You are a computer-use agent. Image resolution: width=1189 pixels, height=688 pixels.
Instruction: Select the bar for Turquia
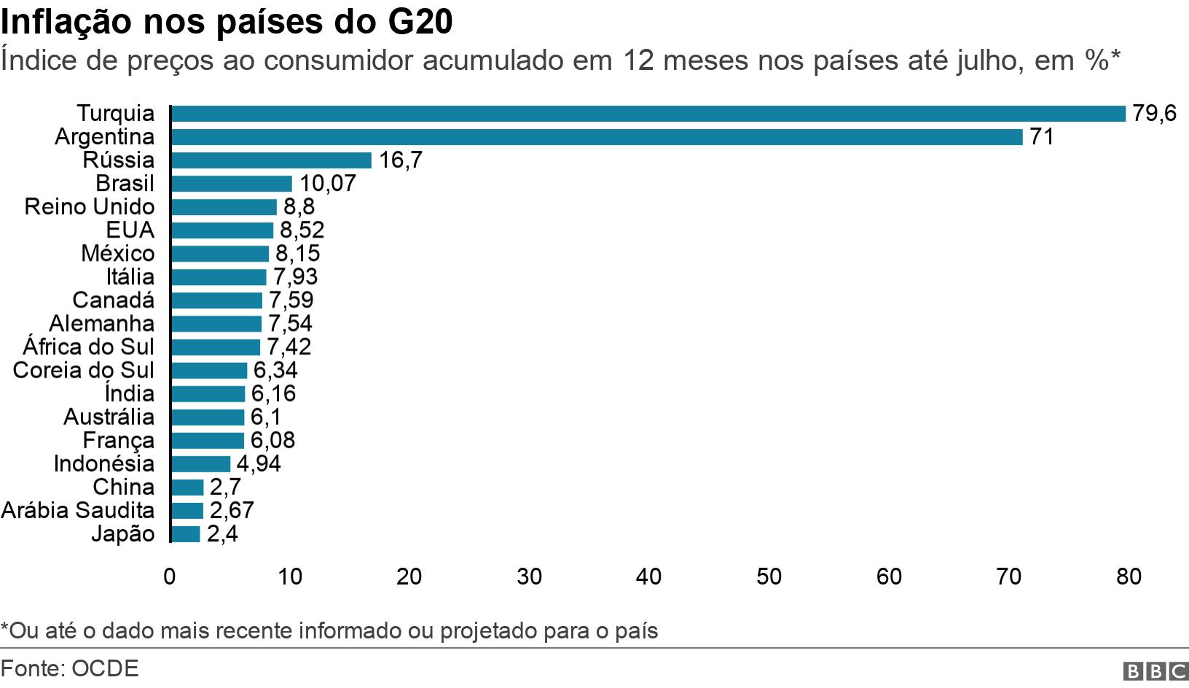pyautogui.click(x=648, y=114)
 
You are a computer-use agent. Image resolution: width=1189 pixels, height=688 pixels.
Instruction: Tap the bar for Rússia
pyautogui.click(x=270, y=160)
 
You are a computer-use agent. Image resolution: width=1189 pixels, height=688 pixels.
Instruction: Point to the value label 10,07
pyautogui.click(x=327, y=184)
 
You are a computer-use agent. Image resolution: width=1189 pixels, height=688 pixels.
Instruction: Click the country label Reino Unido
pyautogui.click(x=89, y=207)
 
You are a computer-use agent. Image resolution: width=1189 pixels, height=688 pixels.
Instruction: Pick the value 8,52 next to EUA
pyautogui.click(x=302, y=230)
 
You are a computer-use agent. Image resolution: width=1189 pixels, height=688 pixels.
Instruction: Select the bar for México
pyautogui.click(x=219, y=254)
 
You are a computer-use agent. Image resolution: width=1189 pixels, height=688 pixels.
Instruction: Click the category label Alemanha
pyautogui.click(x=101, y=324)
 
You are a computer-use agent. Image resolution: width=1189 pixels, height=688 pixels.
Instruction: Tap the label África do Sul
pyautogui.click(x=88, y=347)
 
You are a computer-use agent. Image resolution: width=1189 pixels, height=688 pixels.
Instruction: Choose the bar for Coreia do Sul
pyautogui.click(x=208, y=370)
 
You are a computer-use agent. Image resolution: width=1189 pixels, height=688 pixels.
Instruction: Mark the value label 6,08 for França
pyautogui.click(x=272, y=440)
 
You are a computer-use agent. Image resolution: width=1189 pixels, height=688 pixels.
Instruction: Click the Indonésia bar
pyautogui.click(x=200, y=464)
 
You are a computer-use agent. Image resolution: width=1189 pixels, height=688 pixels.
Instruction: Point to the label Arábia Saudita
pyautogui.click(x=78, y=510)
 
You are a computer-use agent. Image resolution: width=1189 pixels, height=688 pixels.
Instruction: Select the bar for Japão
pyautogui.click(x=184, y=533)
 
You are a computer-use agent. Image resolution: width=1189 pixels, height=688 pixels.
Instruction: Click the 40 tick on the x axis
pyautogui.click(x=648, y=576)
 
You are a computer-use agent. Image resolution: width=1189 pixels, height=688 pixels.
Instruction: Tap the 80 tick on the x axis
pyautogui.click(x=1128, y=576)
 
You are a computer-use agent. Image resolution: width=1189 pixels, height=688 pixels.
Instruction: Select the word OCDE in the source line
pyautogui.click(x=104, y=668)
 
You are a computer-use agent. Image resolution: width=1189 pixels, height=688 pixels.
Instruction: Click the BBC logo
pyautogui.click(x=1155, y=671)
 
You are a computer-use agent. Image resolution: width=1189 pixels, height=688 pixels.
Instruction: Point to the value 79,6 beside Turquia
pyautogui.click(x=1154, y=114)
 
